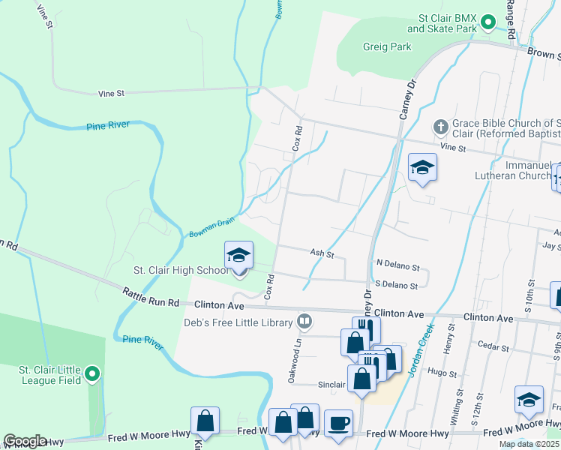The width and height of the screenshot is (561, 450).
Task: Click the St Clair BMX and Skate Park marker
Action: click(487, 22)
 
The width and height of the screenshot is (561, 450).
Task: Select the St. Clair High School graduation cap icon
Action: click(239, 256)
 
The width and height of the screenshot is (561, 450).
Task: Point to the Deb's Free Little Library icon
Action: click(304, 322)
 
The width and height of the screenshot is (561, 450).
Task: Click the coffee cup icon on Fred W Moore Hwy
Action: click(337, 422)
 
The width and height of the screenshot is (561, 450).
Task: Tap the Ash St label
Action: click(322, 253)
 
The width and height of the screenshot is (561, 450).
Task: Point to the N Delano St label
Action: click(398, 265)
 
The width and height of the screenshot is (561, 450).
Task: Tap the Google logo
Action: click(25, 441)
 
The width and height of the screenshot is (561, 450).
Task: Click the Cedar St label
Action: click(493, 347)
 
